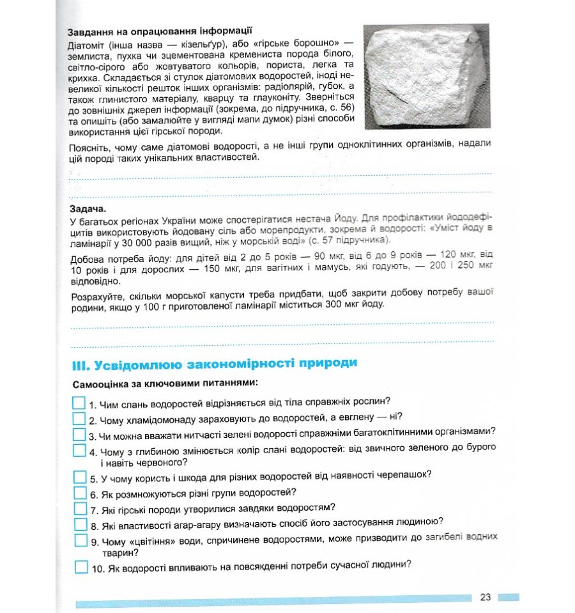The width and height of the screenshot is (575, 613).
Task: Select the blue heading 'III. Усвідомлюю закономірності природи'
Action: tap(214, 364)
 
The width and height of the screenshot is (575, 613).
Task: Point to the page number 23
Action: tap(485, 597)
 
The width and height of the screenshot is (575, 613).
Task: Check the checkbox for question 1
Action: tap(79, 403)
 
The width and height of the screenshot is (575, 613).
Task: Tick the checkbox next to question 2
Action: tap(79, 419)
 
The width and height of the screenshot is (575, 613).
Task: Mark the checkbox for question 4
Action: tap(79, 450)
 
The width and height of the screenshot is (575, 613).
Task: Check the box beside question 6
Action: tap(79, 492)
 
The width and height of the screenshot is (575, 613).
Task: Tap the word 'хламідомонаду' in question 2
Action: tap(153, 421)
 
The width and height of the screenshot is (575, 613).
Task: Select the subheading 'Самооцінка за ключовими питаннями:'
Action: tap(165, 384)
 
